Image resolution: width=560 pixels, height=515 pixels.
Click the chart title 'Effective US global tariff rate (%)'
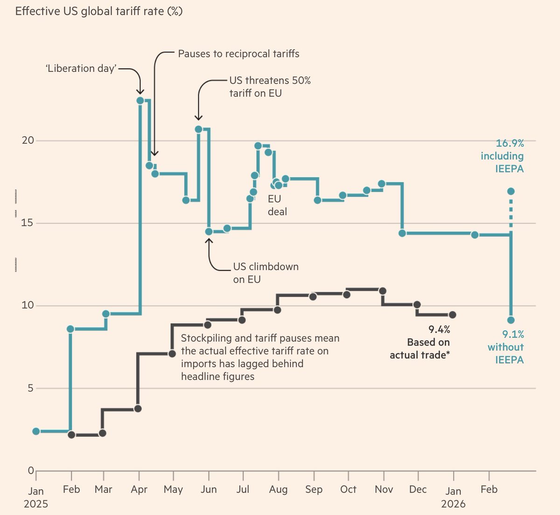point(99,11)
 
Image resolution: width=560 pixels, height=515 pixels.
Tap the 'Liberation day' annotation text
point(81,69)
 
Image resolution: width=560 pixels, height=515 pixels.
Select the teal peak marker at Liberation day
point(140,100)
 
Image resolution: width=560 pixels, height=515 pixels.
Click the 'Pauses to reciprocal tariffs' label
point(238,54)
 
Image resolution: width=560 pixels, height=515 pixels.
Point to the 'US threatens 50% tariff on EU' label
point(270,87)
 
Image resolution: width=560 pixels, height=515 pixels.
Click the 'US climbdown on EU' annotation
point(266,273)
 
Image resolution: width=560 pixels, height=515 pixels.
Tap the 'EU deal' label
point(277,205)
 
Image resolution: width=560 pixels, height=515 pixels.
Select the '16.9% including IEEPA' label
point(503,156)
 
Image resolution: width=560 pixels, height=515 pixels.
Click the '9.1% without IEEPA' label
point(506,347)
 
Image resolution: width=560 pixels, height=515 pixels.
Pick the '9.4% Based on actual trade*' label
point(420,342)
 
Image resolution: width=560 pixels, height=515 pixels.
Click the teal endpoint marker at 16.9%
point(511,191)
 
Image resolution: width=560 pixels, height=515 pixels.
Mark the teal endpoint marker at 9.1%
point(511,320)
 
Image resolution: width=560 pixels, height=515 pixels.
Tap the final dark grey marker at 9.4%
point(452,315)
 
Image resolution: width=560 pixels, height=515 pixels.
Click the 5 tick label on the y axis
point(31,388)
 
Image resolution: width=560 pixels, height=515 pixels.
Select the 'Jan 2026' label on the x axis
point(453,497)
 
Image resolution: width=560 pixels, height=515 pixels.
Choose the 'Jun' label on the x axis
point(209,489)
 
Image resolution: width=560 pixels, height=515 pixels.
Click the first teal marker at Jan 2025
point(36,431)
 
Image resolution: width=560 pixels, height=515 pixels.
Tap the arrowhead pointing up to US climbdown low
point(209,241)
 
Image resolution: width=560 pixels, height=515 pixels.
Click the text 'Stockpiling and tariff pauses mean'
point(260,338)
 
